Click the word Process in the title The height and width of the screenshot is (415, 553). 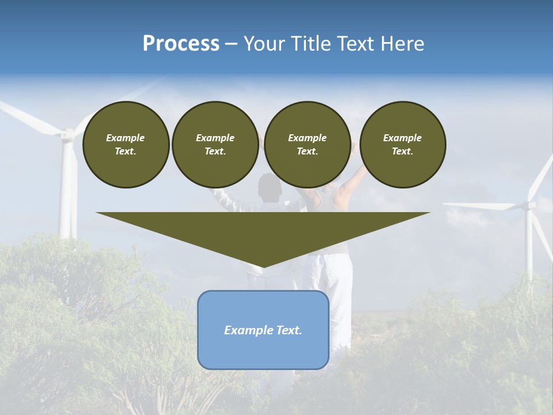click(181, 44)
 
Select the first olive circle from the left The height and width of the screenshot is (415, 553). click(126, 145)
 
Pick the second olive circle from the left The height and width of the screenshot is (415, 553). click(215, 145)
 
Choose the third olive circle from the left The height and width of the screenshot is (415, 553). click(307, 145)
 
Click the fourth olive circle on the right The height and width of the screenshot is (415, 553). click(402, 145)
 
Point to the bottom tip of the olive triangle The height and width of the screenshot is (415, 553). click(263, 266)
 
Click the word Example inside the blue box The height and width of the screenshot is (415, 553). click(244, 330)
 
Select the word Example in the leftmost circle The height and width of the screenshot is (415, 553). click(126, 138)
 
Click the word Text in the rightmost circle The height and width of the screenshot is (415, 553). click(402, 152)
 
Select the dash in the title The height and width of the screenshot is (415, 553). click(232, 44)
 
